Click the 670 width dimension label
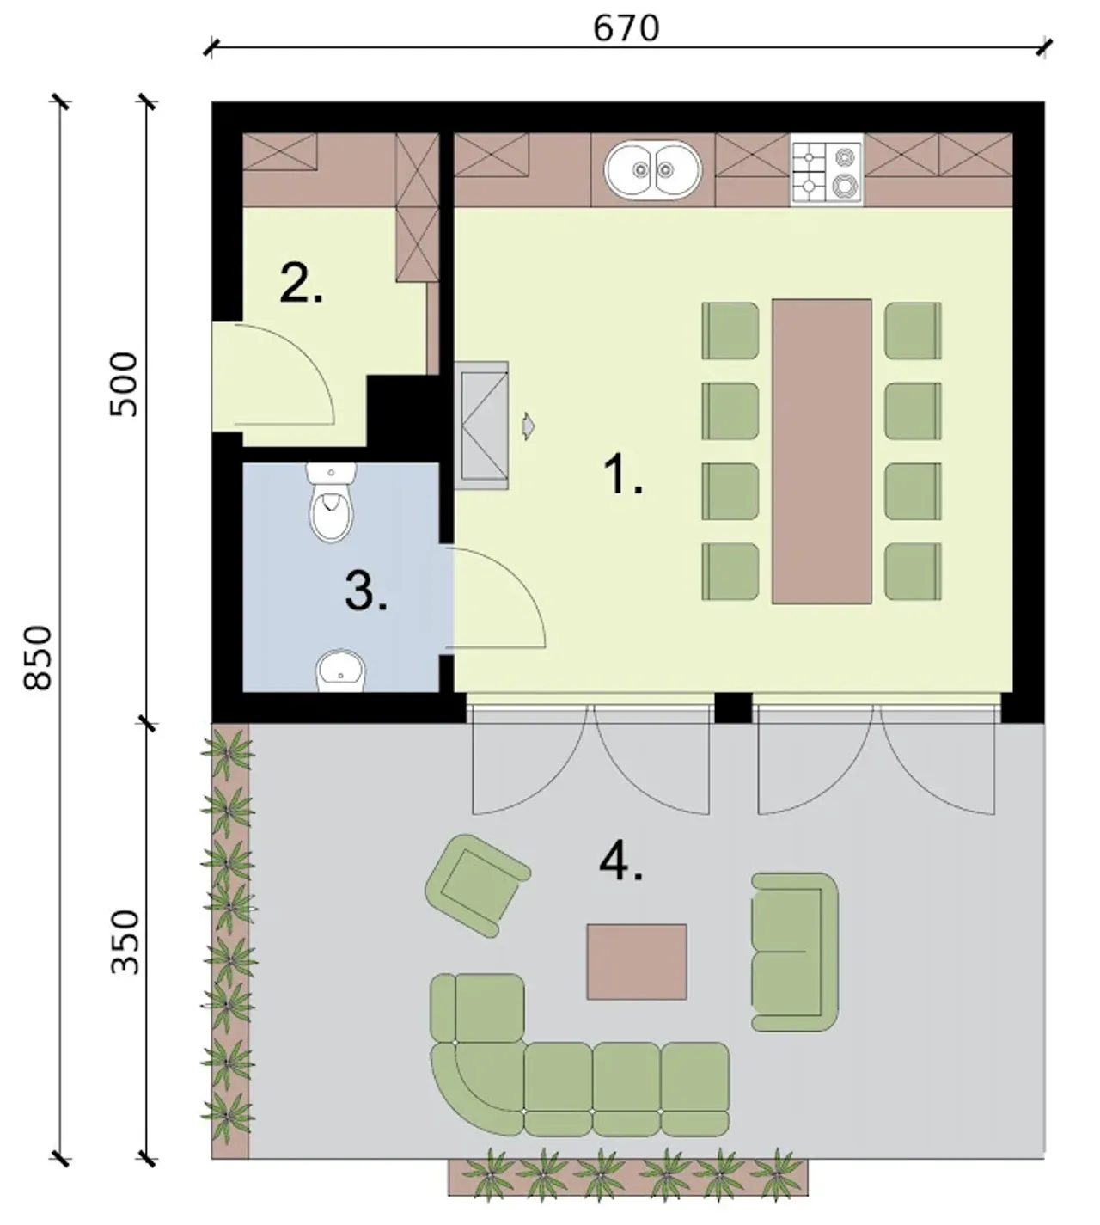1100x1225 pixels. click(626, 28)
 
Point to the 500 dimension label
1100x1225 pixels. click(124, 384)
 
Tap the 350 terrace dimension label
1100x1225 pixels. click(125, 943)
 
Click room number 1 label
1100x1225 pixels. click(623, 475)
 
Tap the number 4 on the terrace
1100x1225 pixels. click(621, 862)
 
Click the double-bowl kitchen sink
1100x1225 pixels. click(653, 170)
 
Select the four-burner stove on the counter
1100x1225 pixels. click(827, 170)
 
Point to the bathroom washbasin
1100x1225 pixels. click(341, 671)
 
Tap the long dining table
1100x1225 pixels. click(822, 451)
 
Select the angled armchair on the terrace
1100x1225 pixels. click(478, 885)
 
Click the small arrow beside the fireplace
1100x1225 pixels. click(529, 426)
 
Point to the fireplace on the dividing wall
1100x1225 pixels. click(481, 426)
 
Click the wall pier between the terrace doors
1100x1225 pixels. click(733, 707)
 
